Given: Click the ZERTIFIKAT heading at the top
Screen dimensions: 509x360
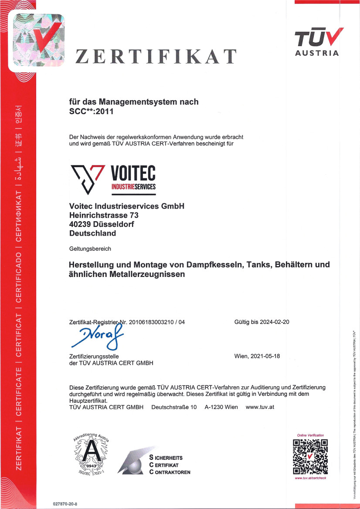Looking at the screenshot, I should pos(156,57).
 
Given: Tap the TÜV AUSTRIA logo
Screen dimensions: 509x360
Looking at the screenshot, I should pos(317,42).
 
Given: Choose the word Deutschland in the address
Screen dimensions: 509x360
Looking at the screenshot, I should pos(92,233).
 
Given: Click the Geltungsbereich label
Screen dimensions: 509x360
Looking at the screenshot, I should pos(90,249).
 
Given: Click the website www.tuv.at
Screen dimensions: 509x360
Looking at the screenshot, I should pos(260,407).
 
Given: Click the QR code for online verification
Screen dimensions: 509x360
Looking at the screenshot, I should pos(310,457).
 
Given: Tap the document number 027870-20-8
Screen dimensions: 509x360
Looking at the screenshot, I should pos(64,503).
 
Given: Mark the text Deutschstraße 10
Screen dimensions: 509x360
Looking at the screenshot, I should pos(174,407).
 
